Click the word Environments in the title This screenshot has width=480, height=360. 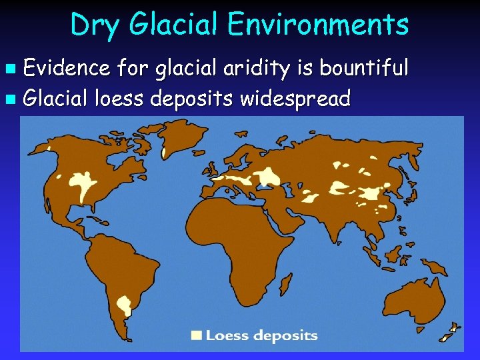[x=317, y=25]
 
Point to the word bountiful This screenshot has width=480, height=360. [x=365, y=67]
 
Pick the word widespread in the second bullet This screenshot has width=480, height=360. [x=295, y=99]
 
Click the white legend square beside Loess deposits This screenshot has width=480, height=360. [x=197, y=335]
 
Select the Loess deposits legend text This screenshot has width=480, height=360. [x=261, y=335]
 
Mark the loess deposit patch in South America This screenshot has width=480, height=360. [x=124, y=305]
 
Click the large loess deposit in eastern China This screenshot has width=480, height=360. [x=369, y=193]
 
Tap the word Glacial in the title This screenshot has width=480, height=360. [x=175, y=25]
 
